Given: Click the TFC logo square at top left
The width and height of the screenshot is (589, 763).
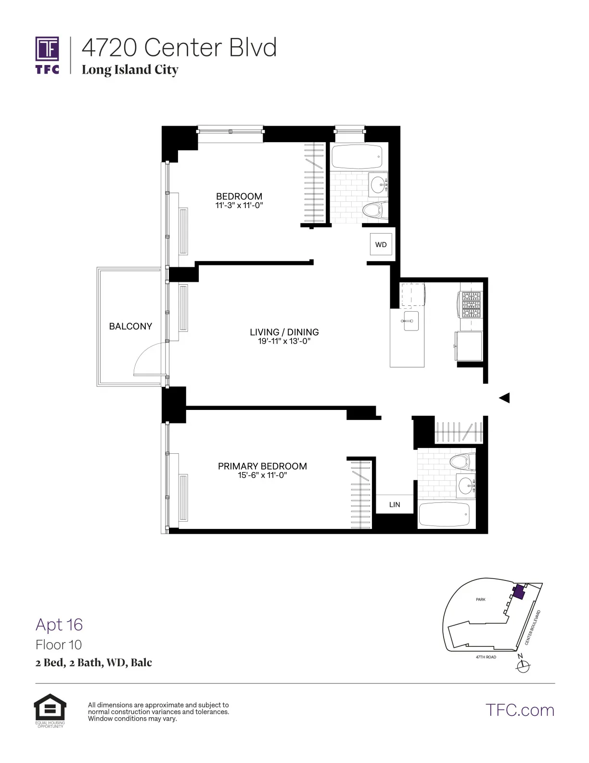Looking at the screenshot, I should pyautogui.click(x=47, y=49).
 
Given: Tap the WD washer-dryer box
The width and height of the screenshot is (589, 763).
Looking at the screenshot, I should pyautogui.click(x=381, y=245).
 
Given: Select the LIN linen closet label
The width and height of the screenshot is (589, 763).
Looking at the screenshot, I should pyautogui.click(x=395, y=505).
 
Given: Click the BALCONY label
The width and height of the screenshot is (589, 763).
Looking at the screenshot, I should pyautogui.click(x=130, y=327).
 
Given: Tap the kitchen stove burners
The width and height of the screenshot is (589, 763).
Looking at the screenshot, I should pyautogui.click(x=471, y=305).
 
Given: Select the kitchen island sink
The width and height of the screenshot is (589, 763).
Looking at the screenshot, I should pyautogui.click(x=410, y=321).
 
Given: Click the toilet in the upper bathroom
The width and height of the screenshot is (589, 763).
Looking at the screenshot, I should pyautogui.click(x=375, y=210).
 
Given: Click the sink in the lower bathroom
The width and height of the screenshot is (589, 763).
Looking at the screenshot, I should pyautogui.click(x=465, y=485).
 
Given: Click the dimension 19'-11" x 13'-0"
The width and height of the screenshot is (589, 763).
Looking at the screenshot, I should pyautogui.click(x=284, y=342).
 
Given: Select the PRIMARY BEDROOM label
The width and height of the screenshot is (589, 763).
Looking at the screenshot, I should pyautogui.click(x=262, y=466).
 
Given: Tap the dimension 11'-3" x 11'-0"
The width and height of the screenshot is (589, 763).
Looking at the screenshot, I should pyautogui.click(x=239, y=206).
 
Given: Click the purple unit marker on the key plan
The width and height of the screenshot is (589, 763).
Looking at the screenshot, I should pyautogui.click(x=518, y=592).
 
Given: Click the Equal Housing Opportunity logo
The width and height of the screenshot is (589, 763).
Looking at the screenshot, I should pyautogui.click(x=50, y=710).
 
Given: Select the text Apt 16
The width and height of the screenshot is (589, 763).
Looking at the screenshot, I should pyautogui.click(x=59, y=625).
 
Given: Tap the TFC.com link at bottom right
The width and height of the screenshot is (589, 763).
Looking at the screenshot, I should pyautogui.click(x=519, y=710).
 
